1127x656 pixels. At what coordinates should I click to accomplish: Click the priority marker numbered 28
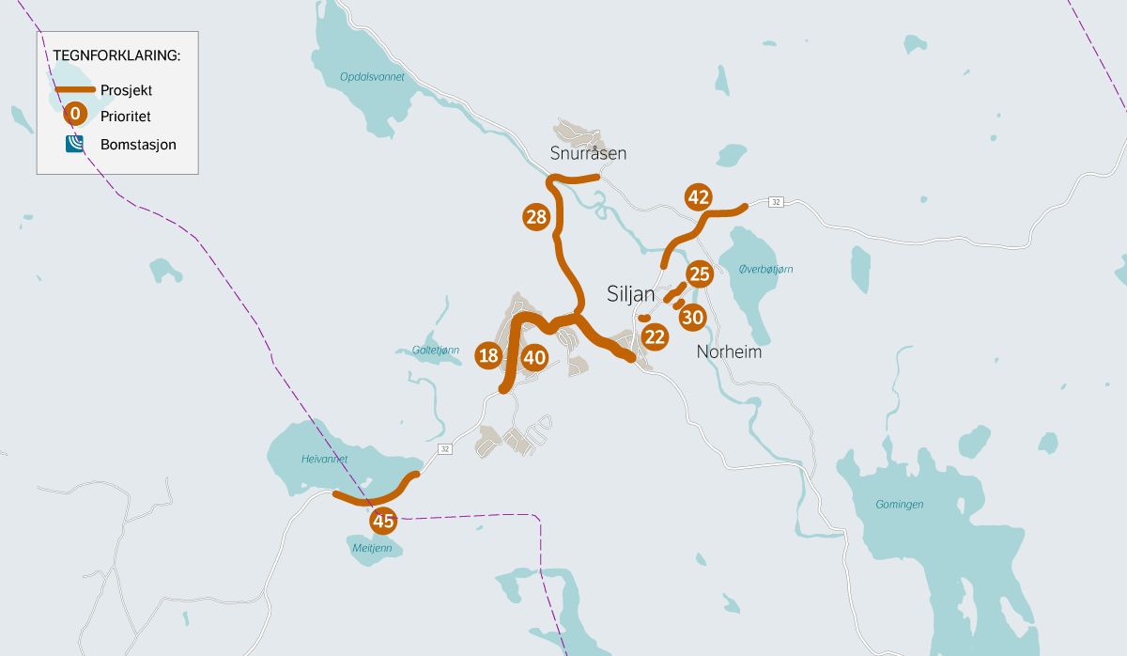click(x=536, y=218)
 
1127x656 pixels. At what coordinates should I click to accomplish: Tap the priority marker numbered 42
click(x=698, y=197)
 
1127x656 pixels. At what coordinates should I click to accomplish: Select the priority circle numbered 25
click(x=699, y=274)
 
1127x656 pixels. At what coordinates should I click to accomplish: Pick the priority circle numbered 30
click(x=692, y=318)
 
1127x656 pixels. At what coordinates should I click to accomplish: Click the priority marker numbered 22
click(x=655, y=336)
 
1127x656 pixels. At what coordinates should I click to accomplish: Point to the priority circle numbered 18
click(x=488, y=355)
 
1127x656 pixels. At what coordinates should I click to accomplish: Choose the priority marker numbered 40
click(x=534, y=357)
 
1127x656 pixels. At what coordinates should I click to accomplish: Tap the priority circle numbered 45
click(x=382, y=521)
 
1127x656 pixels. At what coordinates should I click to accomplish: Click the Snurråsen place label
click(x=588, y=153)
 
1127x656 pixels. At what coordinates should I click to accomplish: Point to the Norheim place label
click(x=729, y=353)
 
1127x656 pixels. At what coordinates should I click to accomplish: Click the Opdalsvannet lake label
click(x=373, y=77)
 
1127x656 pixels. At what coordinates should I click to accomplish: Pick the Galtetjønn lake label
click(x=436, y=350)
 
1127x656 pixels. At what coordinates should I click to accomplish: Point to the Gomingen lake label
click(x=899, y=504)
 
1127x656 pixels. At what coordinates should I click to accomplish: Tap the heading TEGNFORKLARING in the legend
click(x=116, y=55)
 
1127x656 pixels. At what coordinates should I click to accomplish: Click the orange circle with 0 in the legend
click(x=75, y=115)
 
